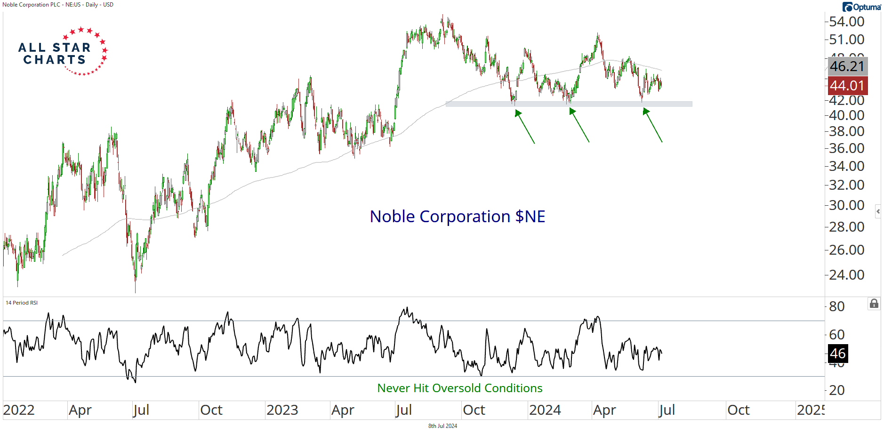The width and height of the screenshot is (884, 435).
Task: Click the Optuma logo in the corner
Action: pyautogui.click(x=861, y=7)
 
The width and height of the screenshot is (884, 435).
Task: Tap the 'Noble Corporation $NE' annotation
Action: pyautogui.click(x=457, y=217)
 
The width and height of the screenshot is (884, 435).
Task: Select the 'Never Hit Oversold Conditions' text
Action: pyautogui.click(x=459, y=388)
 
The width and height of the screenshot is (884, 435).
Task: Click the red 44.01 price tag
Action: pyautogui.click(x=847, y=86)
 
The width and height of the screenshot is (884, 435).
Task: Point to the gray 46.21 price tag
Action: pyautogui.click(x=847, y=66)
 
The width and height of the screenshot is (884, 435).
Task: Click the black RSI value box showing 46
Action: pyautogui.click(x=837, y=354)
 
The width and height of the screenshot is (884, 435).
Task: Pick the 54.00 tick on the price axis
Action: pyautogui.click(x=846, y=22)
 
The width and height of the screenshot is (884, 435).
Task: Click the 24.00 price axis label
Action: pyautogui.click(x=846, y=274)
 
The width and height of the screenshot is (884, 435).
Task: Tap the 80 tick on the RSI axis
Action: pyautogui.click(x=836, y=306)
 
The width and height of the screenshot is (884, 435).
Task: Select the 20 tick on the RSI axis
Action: pyautogui.click(x=836, y=390)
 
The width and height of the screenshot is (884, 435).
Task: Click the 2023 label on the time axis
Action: pyautogui.click(x=282, y=410)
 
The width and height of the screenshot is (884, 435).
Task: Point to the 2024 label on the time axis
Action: pyautogui.click(x=545, y=410)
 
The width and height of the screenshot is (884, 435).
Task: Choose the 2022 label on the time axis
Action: pyautogui.click(x=19, y=410)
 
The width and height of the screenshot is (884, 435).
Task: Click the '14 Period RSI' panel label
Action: pyautogui.click(x=22, y=303)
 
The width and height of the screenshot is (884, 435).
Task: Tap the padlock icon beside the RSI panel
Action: pyautogui.click(x=874, y=304)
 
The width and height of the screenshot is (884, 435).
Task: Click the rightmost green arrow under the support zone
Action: pyautogui.click(x=653, y=125)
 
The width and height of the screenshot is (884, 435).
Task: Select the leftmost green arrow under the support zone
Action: pyautogui.click(x=525, y=126)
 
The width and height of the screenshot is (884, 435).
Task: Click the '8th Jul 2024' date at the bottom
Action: pyautogui.click(x=442, y=426)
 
